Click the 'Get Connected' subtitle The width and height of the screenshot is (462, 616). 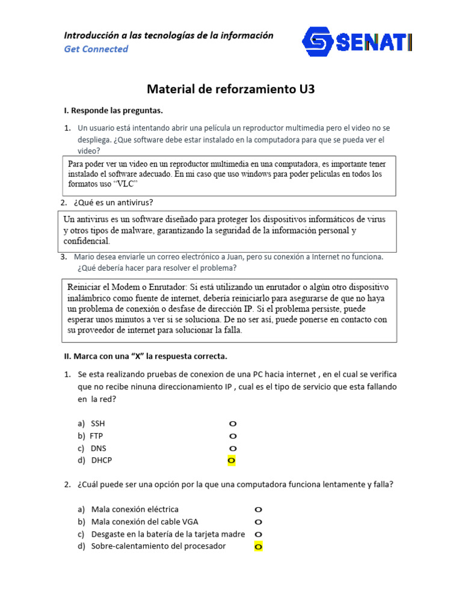click(96, 49)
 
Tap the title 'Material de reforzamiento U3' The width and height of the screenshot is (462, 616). click(231, 90)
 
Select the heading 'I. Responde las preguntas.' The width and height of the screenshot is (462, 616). click(113, 111)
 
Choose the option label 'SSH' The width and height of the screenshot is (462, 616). click(97, 423)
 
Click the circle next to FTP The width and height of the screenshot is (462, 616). click(232, 436)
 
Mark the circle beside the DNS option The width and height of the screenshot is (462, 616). click(232, 449)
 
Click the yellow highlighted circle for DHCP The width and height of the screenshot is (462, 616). click(232, 461)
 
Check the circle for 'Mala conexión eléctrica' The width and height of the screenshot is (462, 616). click(258, 510)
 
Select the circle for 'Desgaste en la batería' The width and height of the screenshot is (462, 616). click(258, 534)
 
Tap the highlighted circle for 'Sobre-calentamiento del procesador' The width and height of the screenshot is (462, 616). click(258, 547)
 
